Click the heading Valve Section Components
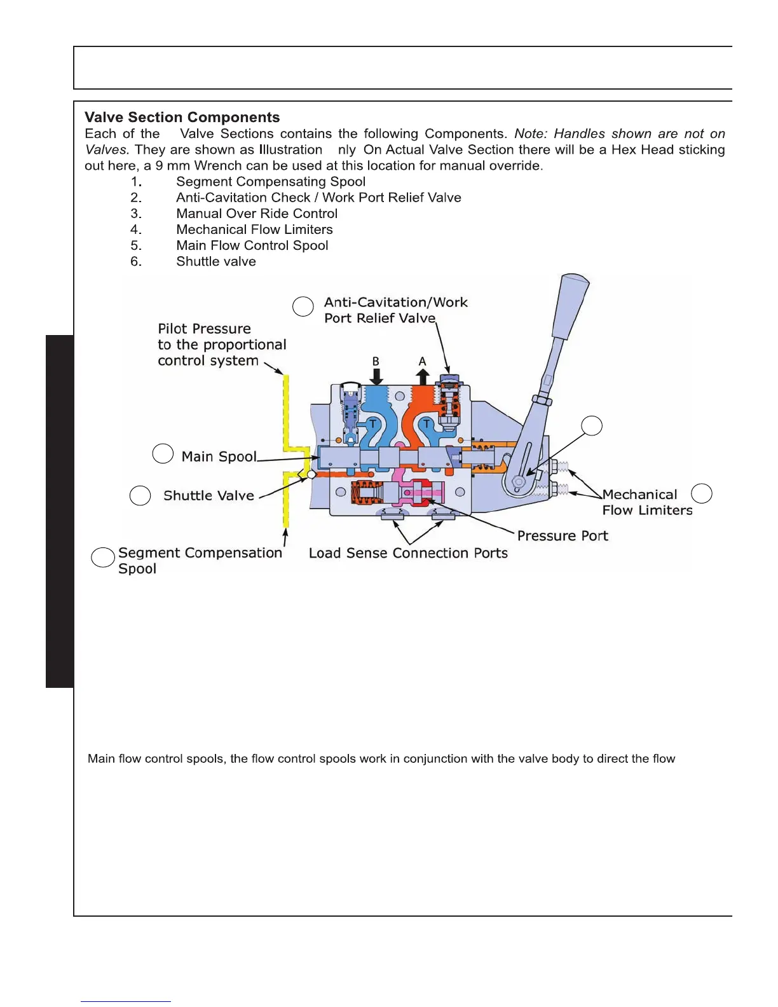click(182, 118)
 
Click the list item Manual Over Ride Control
click(257, 214)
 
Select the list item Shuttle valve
click(216, 261)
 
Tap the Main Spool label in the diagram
click(219, 456)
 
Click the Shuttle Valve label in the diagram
click(208, 495)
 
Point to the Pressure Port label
click(563, 536)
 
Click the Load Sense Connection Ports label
click(408, 553)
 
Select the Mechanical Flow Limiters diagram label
click(646, 502)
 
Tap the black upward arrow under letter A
click(423, 376)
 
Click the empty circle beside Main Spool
click(163, 454)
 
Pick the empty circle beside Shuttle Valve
click(140, 496)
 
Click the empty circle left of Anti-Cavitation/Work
click(303, 306)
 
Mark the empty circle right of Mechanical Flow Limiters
click(701, 493)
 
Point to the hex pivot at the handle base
click(519, 483)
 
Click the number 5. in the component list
click(136, 245)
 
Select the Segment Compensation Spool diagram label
click(200, 560)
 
